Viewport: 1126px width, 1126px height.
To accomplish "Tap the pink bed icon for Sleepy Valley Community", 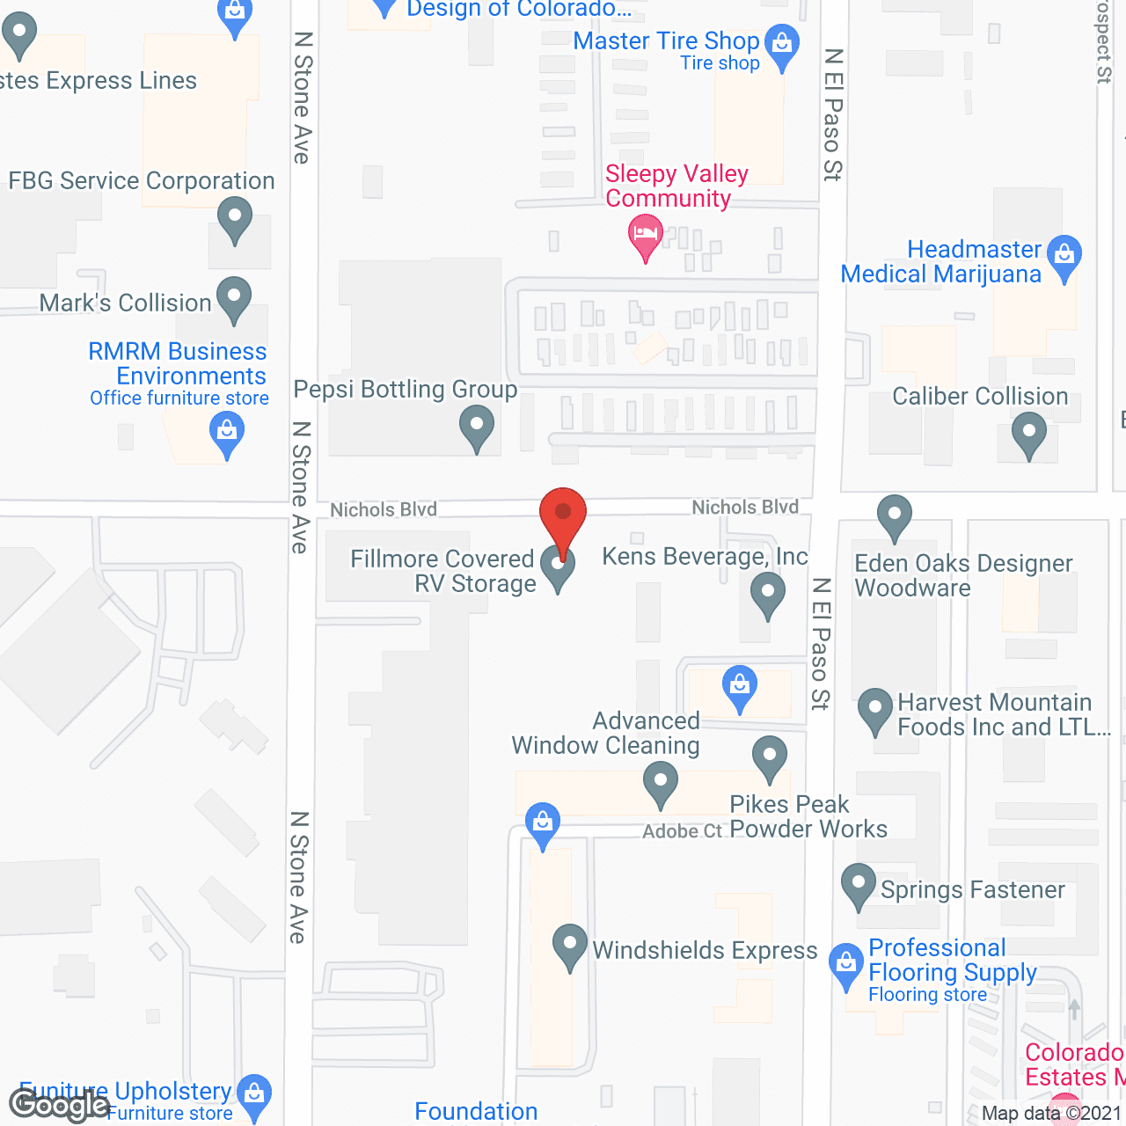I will [646, 236].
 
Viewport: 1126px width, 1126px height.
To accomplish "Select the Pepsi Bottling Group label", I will [406, 389].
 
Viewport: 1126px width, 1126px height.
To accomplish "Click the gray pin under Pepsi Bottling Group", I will [477, 426].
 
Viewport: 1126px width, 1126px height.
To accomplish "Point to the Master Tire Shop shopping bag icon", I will [781, 44].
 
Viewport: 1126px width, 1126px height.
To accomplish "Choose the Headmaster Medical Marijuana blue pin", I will [1064, 256].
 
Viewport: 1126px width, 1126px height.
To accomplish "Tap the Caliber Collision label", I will [980, 397].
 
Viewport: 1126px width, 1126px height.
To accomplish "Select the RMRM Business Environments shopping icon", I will [227, 433].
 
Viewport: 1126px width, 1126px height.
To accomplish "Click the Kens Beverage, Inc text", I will [705, 557].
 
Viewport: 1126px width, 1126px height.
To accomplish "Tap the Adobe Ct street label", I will [682, 831].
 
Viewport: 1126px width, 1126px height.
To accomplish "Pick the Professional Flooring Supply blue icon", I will [846, 964].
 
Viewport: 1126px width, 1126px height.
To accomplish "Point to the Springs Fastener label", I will [972, 890].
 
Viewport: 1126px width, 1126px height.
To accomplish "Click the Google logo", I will [59, 1105].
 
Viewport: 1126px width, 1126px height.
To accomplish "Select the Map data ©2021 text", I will [1051, 1114].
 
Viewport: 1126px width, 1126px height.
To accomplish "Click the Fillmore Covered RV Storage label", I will [442, 571].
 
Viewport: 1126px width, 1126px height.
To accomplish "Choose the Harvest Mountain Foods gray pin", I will [874, 709].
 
